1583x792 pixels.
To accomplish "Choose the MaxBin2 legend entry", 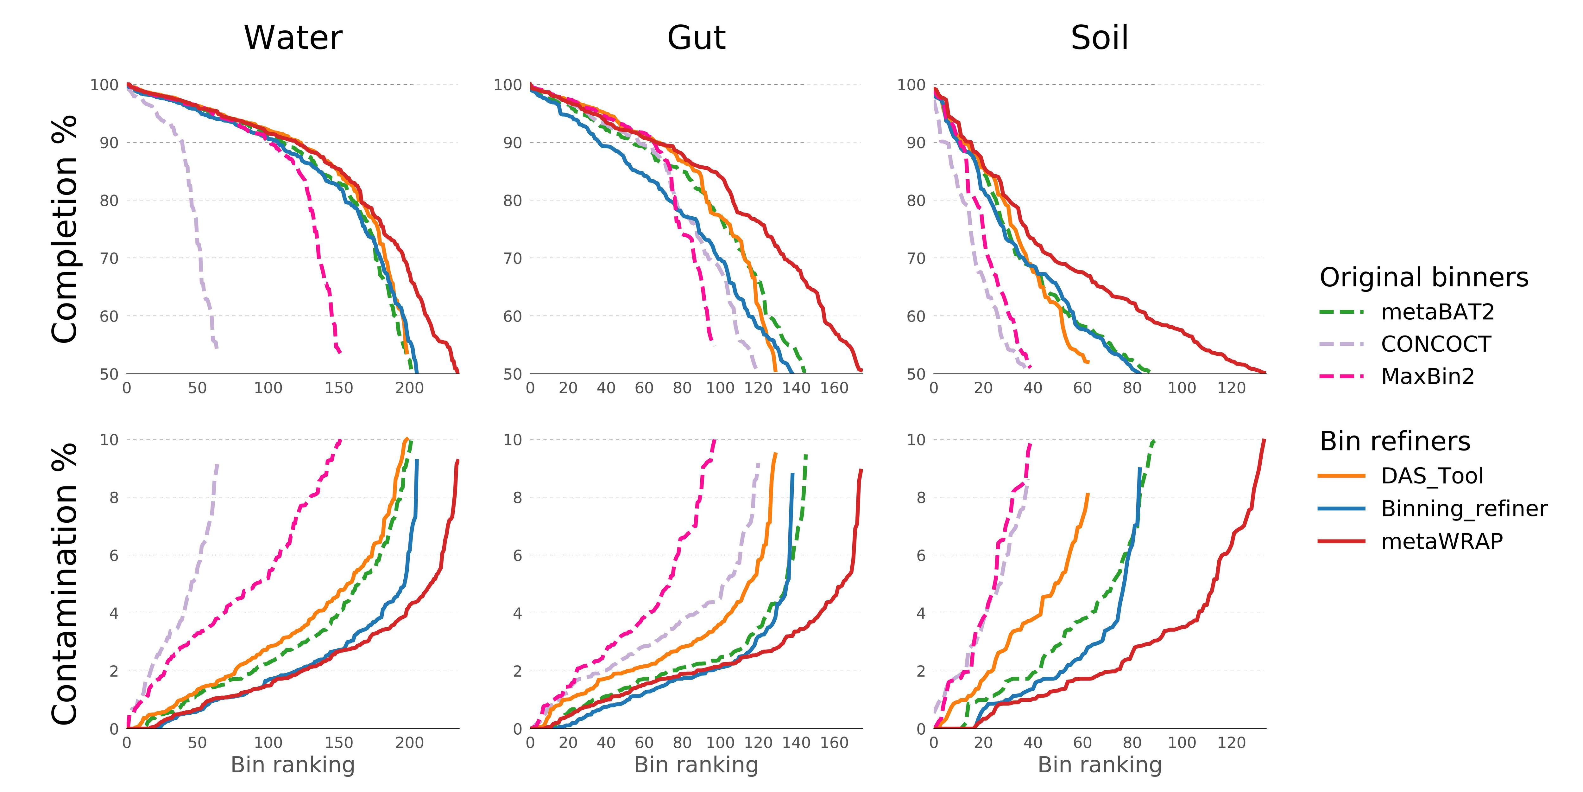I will click(x=1428, y=376).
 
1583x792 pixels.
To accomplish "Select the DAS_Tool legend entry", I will click(x=1432, y=476).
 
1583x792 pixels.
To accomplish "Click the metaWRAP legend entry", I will click(x=1442, y=541).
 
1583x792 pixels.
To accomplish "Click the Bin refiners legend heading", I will click(x=1395, y=442).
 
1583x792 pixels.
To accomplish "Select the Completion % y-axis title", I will click(x=65, y=229).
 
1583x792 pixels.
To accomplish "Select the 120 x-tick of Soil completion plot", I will click(x=1232, y=388).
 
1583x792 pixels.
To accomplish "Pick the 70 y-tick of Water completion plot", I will click(x=109, y=258).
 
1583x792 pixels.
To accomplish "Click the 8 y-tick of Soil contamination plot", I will click(x=921, y=497).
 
